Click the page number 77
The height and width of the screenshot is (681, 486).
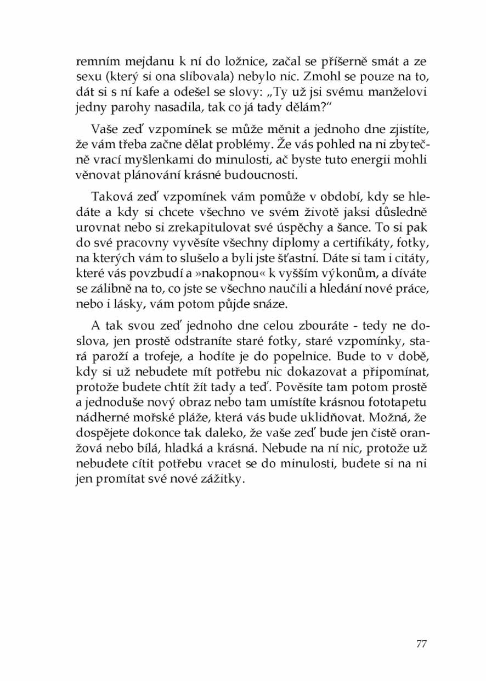tap(421, 644)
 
